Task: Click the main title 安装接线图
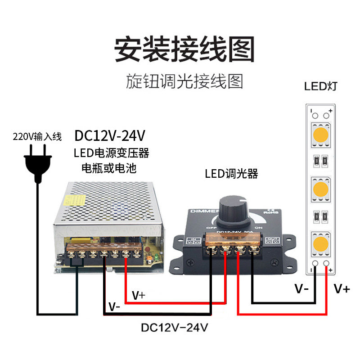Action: pyautogui.click(x=184, y=50)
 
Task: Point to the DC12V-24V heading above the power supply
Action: pyautogui.click(x=110, y=135)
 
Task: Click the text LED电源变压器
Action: pyautogui.click(x=111, y=153)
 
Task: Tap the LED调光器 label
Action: pyautogui.click(x=231, y=174)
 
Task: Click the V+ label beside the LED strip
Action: pyautogui.click(x=342, y=288)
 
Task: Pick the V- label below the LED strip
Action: pyautogui.click(x=301, y=288)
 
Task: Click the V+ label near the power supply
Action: pyautogui.click(x=139, y=295)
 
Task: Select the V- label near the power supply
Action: pyautogui.click(x=114, y=307)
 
